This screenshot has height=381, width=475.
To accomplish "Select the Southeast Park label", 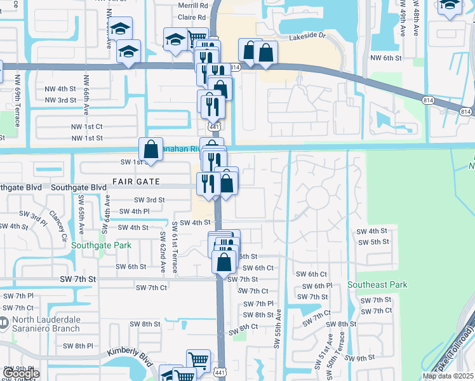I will coord(377,285).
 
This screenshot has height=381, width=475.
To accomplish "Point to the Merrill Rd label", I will coord(192,6).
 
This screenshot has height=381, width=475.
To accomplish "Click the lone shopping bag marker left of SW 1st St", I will coord(151,150).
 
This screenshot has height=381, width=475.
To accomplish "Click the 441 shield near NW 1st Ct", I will coord(215,128).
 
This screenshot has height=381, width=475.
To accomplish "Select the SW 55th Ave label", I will coord(278,328).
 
